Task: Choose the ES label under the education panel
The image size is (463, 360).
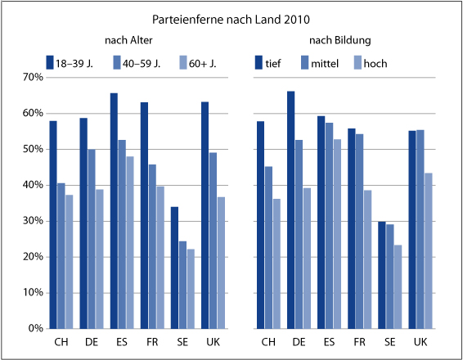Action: point(330,343)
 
